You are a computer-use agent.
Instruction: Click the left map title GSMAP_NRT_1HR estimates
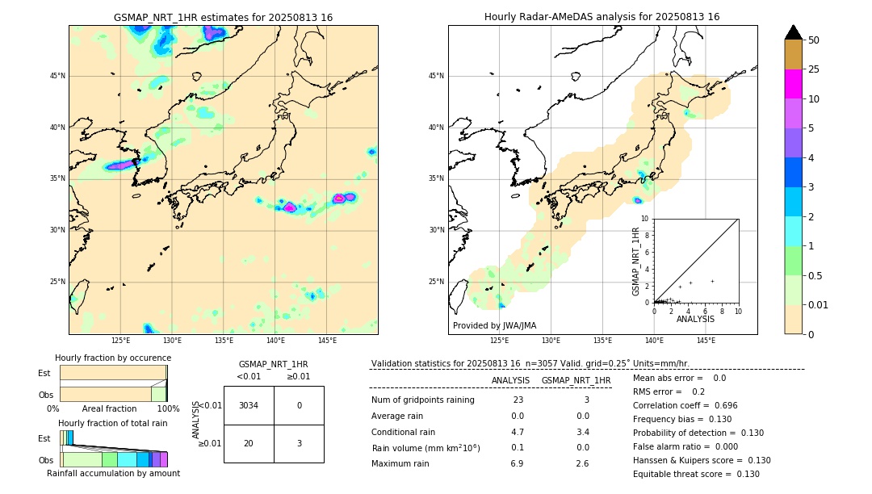(x=223, y=17)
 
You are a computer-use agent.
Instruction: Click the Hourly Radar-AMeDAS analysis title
(x=602, y=17)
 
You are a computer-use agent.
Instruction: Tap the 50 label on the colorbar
(x=814, y=40)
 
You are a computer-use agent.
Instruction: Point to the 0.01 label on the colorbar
(x=819, y=304)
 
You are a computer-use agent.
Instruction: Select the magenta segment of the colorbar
(x=793, y=84)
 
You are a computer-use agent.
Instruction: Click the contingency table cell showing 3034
(x=248, y=405)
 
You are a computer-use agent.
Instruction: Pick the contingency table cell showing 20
(x=248, y=443)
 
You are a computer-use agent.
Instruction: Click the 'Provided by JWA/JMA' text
(x=494, y=325)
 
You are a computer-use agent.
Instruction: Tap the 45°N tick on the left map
(x=57, y=76)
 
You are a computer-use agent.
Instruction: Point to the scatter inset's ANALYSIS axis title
(x=695, y=319)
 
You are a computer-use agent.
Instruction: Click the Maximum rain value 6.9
(x=517, y=463)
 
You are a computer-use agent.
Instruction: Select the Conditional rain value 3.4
(x=582, y=432)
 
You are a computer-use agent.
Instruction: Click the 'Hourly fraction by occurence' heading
(x=113, y=358)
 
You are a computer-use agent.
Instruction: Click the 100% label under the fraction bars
(x=168, y=408)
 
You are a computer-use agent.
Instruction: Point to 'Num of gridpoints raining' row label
(x=423, y=400)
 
